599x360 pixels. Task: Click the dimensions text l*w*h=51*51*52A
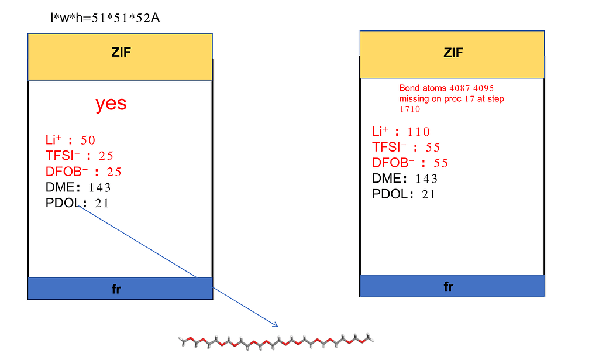tap(106, 18)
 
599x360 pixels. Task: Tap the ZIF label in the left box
tap(121, 52)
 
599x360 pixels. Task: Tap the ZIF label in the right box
tap(453, 53)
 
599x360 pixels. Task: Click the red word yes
tap(111, 104)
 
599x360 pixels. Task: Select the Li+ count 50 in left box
tap(88, 140)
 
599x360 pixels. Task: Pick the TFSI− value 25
tap(106, 156)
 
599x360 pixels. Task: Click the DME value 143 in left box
tap(99, 188)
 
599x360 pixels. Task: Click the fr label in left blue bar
tap(116, 290)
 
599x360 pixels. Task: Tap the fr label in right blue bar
tap(449, 287)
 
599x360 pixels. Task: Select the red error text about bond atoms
tap(451, 98)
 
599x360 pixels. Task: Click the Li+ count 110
tap(418, 132)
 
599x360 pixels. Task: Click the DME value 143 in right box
tap(426, 179)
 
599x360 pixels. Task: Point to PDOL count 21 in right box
tap(429, 195)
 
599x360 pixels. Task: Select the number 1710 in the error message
tap(410, 109)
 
